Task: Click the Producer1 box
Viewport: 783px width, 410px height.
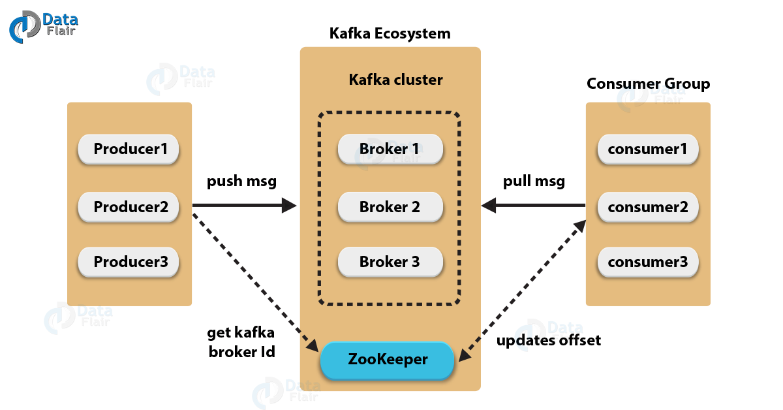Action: [x=129, y=150]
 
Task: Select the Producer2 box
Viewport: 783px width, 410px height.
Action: [x=129, y=208]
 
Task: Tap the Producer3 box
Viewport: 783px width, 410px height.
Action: [x=129, y=262]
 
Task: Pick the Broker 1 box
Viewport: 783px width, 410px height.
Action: [x=390, y=150]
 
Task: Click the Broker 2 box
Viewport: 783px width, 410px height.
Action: [x=390, y=208]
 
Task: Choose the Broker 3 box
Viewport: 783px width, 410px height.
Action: [x=390, y=262]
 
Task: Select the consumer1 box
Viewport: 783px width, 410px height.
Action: [x=648, y=150]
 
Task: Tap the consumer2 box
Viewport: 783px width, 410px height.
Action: [x=648, y=208]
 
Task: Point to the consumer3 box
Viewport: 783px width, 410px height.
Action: [x=648, y=262]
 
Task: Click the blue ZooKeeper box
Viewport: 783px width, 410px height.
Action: [x=387, y=360]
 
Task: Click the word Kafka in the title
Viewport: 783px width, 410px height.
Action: [x=369, y=80]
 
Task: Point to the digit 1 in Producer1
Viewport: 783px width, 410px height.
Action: [x=164, y=150]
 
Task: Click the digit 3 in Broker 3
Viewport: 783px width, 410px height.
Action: [x=415, y=262]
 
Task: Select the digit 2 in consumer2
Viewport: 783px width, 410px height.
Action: [x=683, y=208]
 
